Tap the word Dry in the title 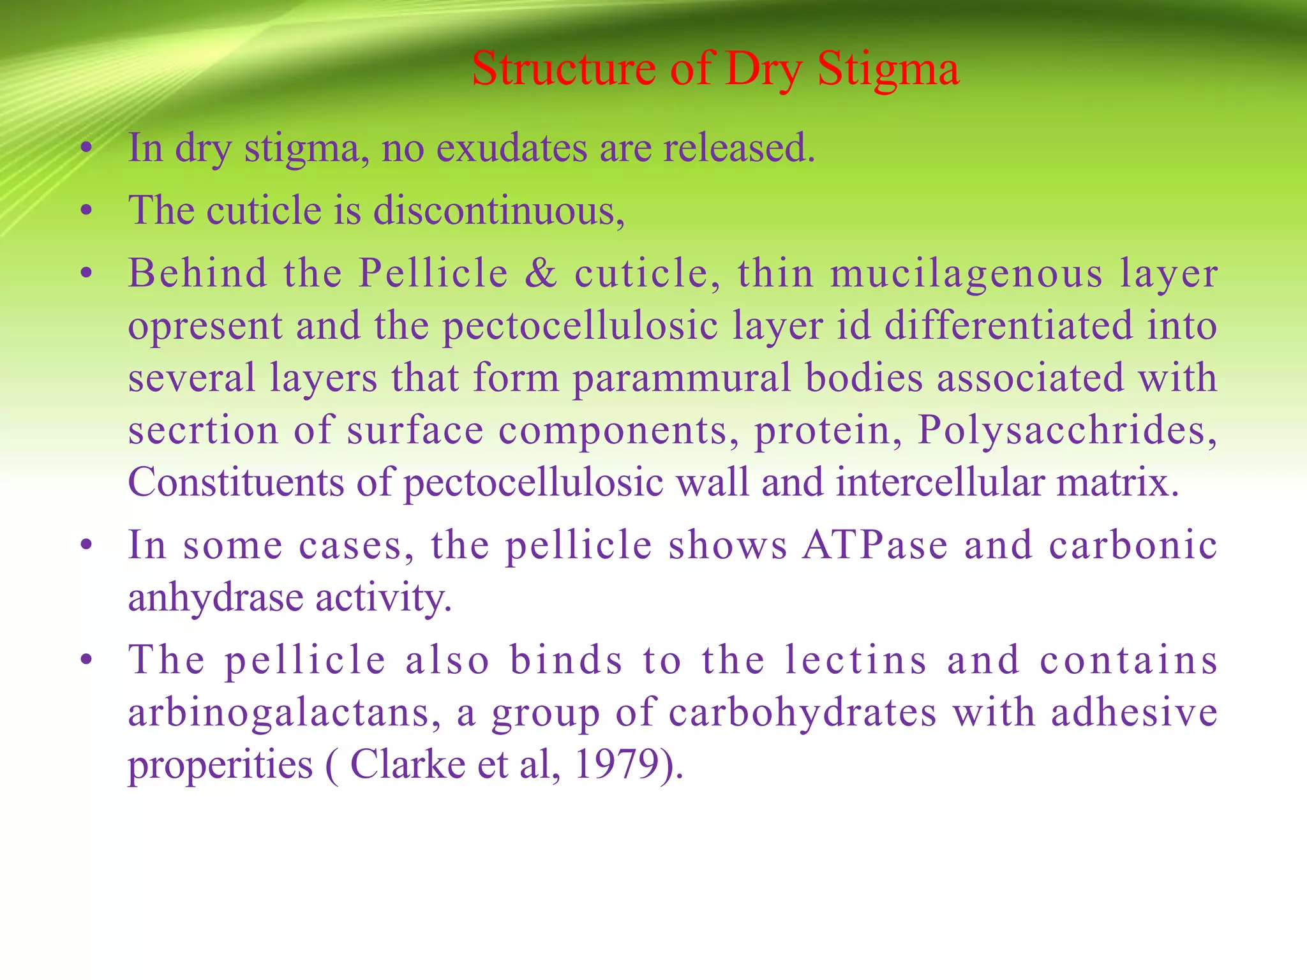[x=763, y=69]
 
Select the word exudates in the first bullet [x=511, y=148]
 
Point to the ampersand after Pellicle [x=541, y=273]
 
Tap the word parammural [x=682, y=378]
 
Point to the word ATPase [x=875, y=546]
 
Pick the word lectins [x=855, y=660]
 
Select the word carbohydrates [x=802, y=713]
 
